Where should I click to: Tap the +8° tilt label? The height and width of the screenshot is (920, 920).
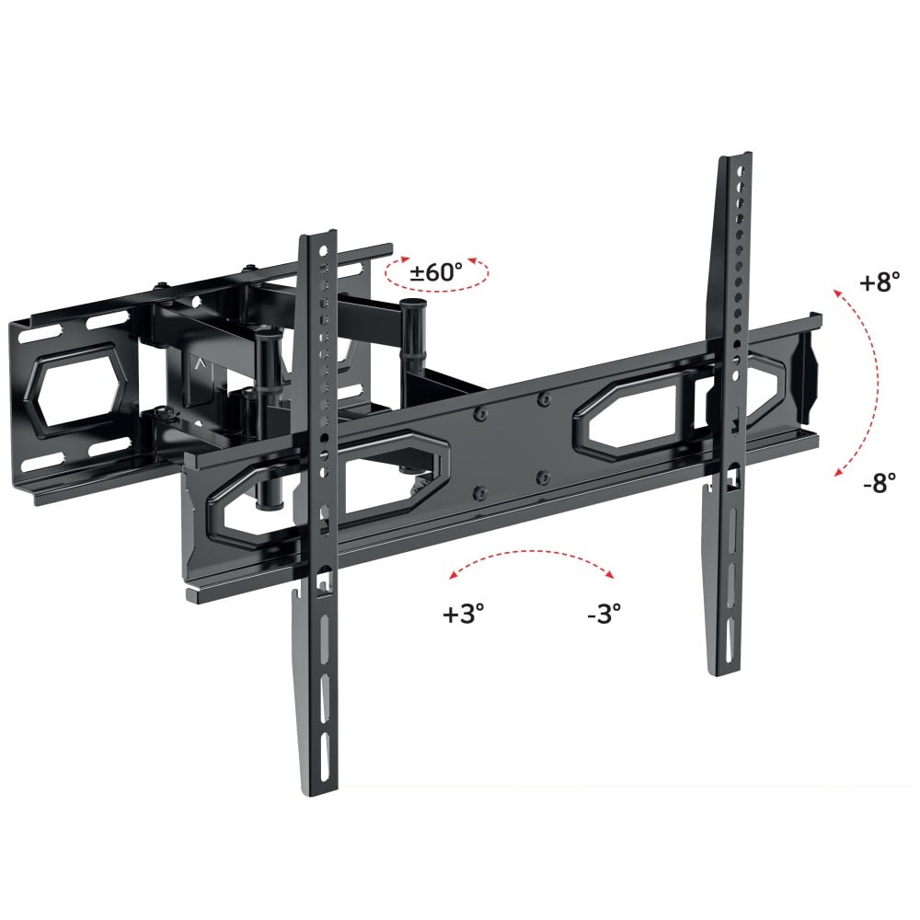click(x=880, y=283)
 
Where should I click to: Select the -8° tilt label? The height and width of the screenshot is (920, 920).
click(x=880, y=484)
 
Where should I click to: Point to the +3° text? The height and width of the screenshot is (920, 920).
click(x=463, y=614)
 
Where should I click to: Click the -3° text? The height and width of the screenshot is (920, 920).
click(x=604, y=614)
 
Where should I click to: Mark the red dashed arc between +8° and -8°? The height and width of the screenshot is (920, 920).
click(x=871, y=382)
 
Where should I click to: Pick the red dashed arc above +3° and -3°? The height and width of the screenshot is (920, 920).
click(x=531, y=554)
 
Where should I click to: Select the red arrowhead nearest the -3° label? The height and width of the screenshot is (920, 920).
click(x=610, y=575)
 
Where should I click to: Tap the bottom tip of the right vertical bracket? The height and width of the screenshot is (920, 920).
click(x=723, y=669)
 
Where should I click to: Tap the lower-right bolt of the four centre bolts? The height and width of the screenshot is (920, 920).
click(x=543, y=477)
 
